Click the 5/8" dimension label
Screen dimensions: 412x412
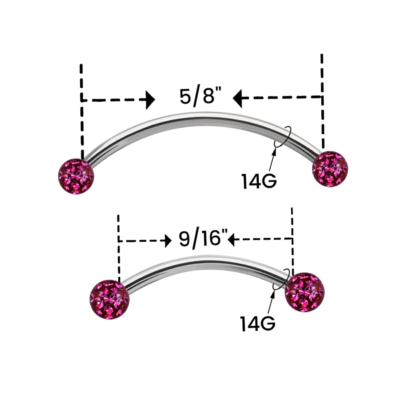(201, 97)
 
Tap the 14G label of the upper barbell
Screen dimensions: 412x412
(259, 181)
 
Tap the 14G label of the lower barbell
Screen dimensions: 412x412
(258, 323)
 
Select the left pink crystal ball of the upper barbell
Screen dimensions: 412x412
(76, 176)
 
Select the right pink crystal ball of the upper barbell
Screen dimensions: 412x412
(330, 169)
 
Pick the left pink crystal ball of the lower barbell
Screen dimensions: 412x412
(109, 299)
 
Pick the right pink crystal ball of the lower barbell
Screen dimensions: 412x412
(304, 292)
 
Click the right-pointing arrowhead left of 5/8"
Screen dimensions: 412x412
(150, 100)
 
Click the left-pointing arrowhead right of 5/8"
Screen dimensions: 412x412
(238, 98)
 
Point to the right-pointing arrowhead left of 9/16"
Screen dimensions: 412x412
(168, 241)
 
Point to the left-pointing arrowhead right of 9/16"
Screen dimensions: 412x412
(231, 239)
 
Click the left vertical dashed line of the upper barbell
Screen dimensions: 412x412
(82, 112)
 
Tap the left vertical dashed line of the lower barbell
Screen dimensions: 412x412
(119, 248)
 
